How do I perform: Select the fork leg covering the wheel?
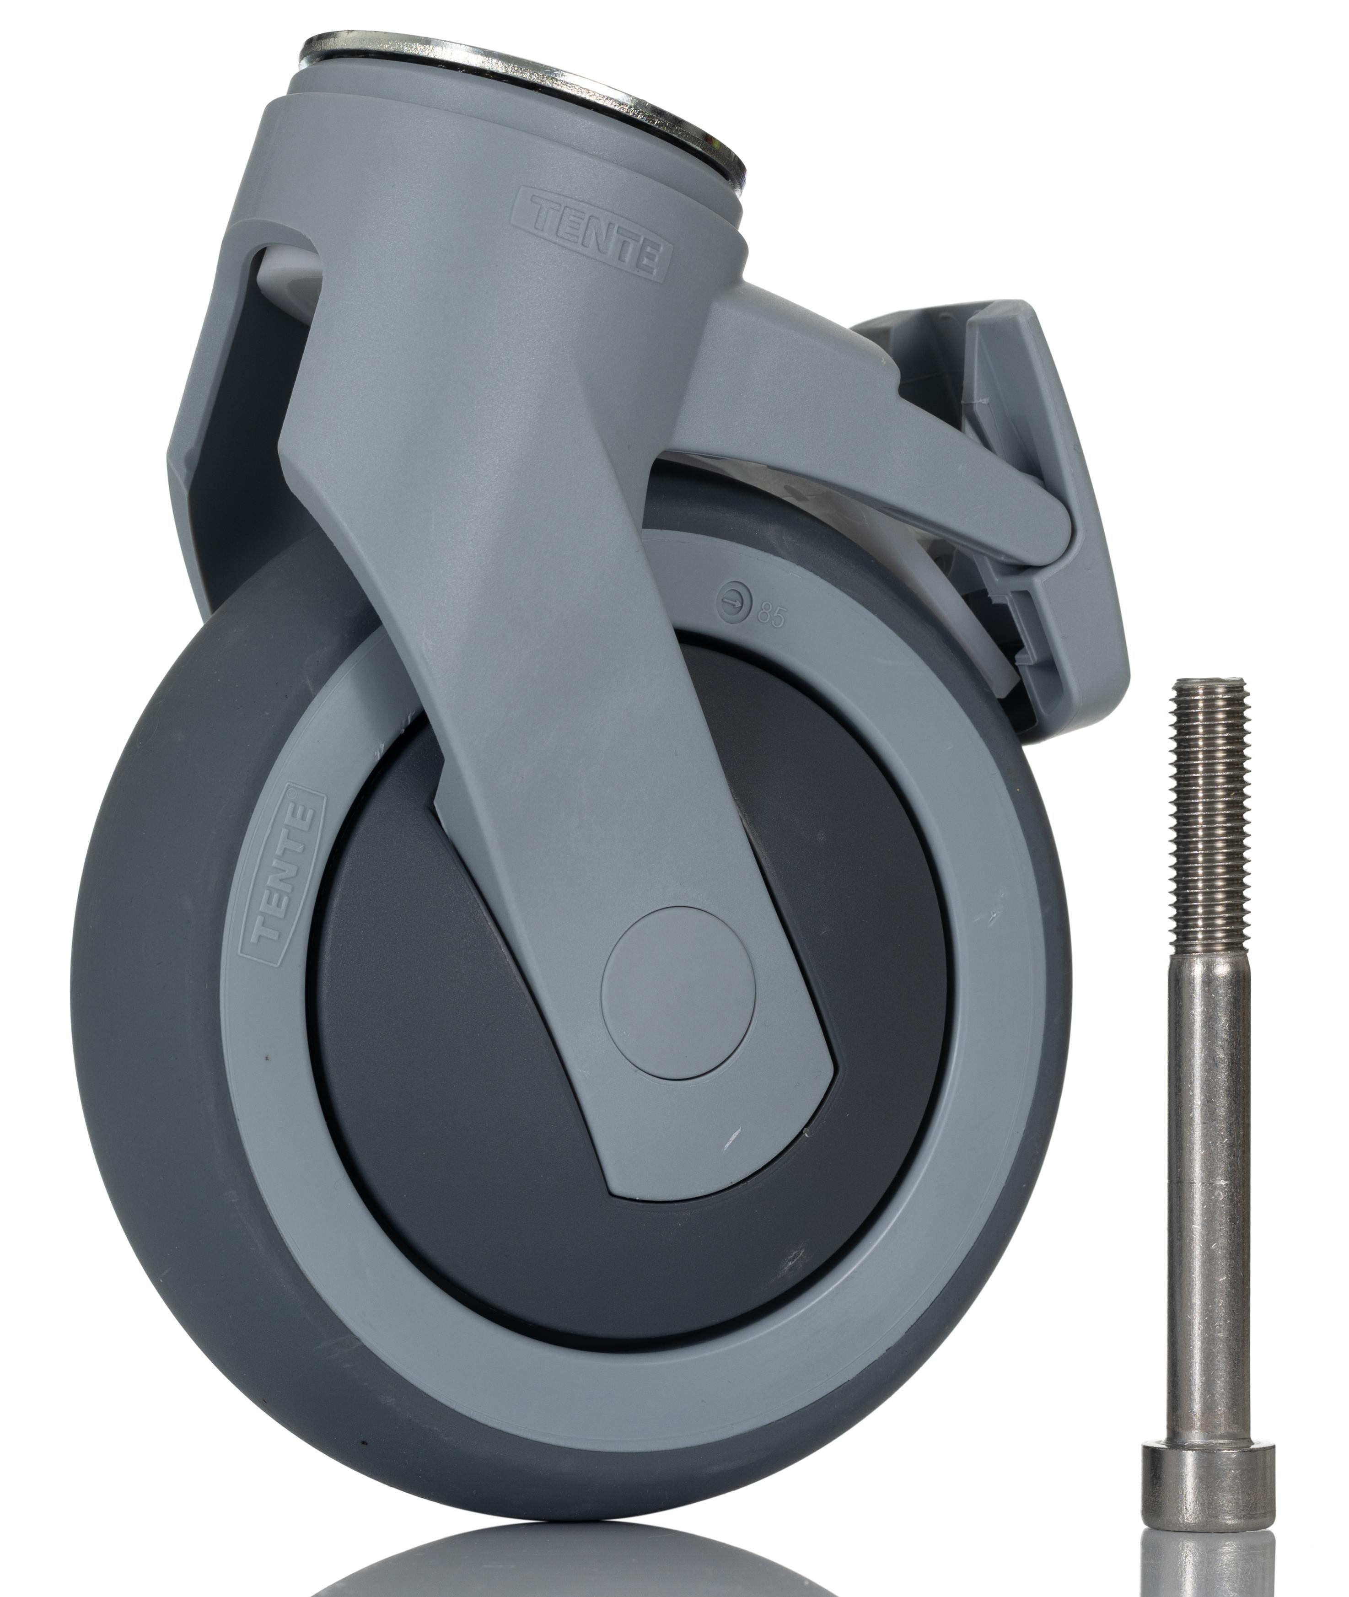coord(535,688)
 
